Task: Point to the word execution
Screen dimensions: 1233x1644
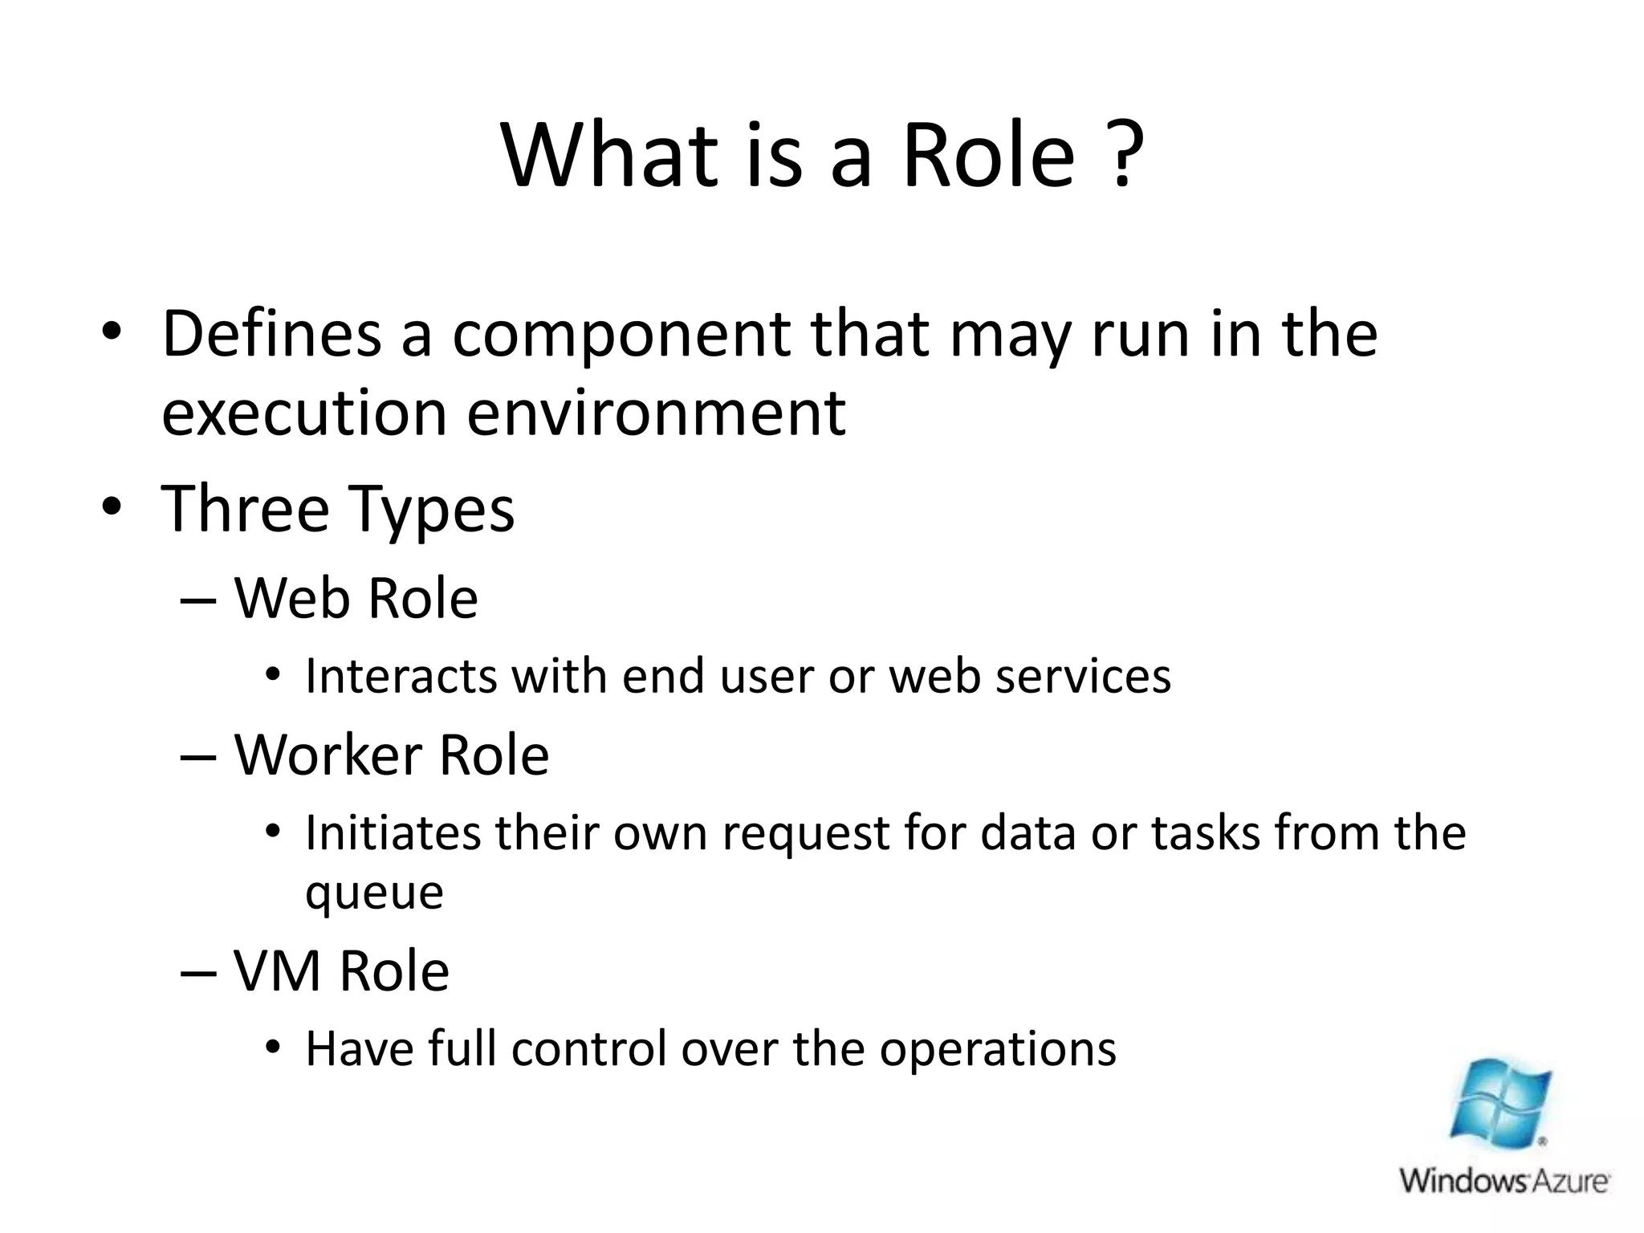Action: (x=303, y=413)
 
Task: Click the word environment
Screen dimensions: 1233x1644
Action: (x=656, y=413)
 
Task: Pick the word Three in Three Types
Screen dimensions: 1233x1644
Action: (x=245, y=509)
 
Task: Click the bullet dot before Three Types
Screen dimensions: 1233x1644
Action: (x=112, y=507)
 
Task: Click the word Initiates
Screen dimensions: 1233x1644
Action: (x=392, y=832)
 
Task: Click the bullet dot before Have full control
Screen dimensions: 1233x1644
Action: (x=273, y=1048)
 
